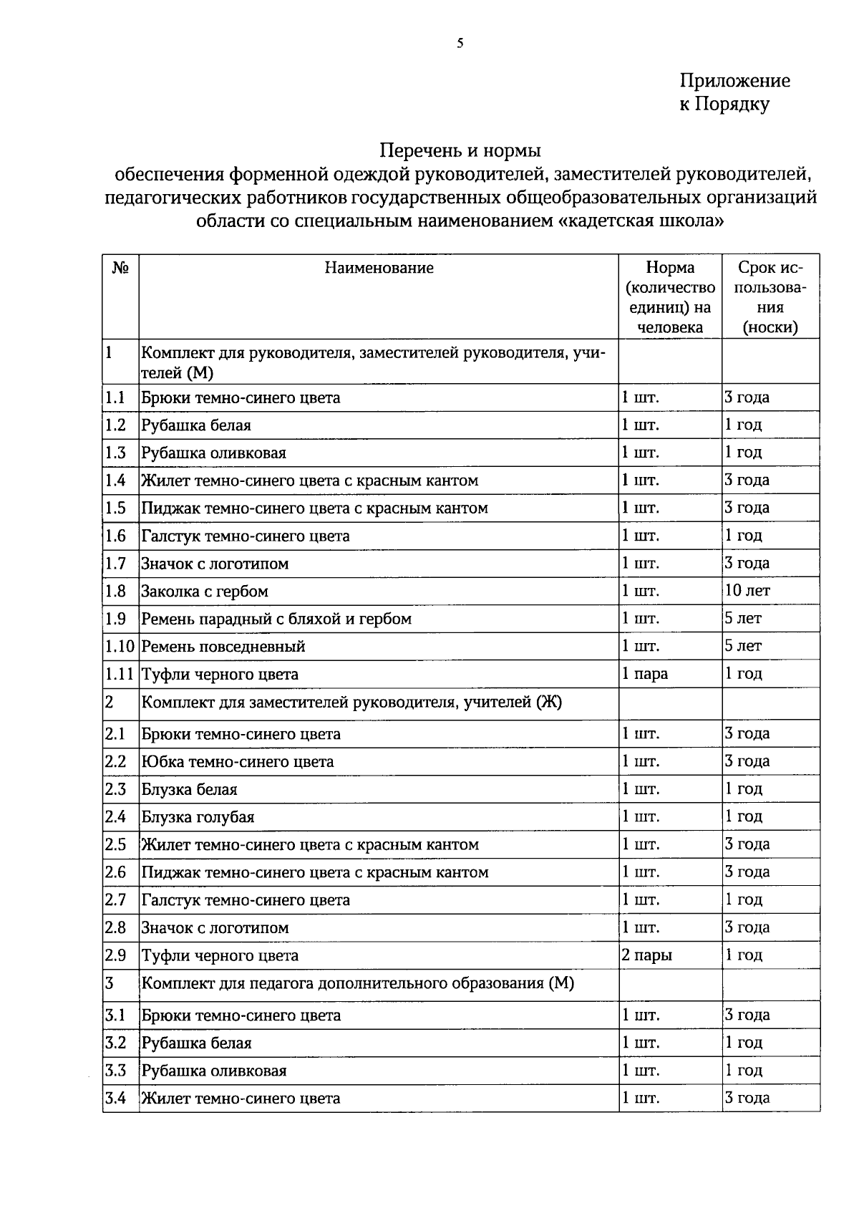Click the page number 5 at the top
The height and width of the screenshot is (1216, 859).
(x=460, y=44)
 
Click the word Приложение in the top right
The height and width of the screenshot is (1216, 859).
(x=734, y=80)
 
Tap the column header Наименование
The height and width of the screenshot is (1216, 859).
(x=379, y=268)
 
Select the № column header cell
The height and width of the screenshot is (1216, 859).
(x=120, y=268)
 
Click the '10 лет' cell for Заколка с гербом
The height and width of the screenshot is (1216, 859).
(x=747, y=591)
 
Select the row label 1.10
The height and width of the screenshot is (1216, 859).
(x=120, y=647)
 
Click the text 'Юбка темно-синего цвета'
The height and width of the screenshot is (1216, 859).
(x=237, y=761)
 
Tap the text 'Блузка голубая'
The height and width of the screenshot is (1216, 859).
(x=198, y=817)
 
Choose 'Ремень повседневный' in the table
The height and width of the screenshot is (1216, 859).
(x=223, y=647)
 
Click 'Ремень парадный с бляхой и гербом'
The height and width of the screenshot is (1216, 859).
(x=276, y=619)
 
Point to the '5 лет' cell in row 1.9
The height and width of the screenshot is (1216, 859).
(x=743, y=618)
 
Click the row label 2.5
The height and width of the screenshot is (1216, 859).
(x=115, y=844)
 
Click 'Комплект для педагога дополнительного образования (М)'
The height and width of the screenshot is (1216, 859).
(x=357, y=983)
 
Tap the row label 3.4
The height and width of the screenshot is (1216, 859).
(x=115, y=1098)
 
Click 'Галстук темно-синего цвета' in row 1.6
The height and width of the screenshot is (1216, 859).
(x=245, y=536)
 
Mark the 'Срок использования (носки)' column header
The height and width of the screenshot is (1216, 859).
(x=770, y=297)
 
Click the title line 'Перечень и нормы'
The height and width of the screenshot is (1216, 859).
(x=460, y=150)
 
